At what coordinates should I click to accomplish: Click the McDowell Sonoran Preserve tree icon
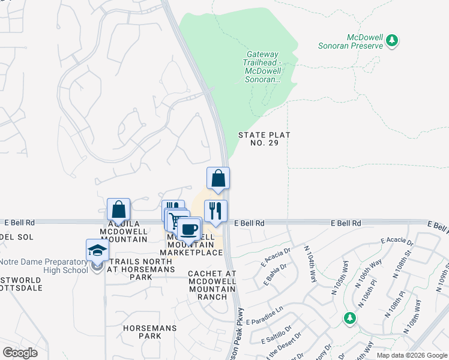393,41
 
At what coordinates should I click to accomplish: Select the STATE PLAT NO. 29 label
264,139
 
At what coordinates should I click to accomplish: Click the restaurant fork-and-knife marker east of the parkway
216,211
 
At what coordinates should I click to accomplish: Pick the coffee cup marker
189,229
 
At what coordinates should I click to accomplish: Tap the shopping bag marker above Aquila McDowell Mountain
118,210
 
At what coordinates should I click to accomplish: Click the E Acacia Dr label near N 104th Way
276,255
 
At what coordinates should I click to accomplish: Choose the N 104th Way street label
310,264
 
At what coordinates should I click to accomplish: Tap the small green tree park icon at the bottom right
349,318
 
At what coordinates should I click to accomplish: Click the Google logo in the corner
19,353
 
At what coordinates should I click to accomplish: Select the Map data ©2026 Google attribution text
411,355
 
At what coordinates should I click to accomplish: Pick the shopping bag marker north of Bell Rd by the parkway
218,179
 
